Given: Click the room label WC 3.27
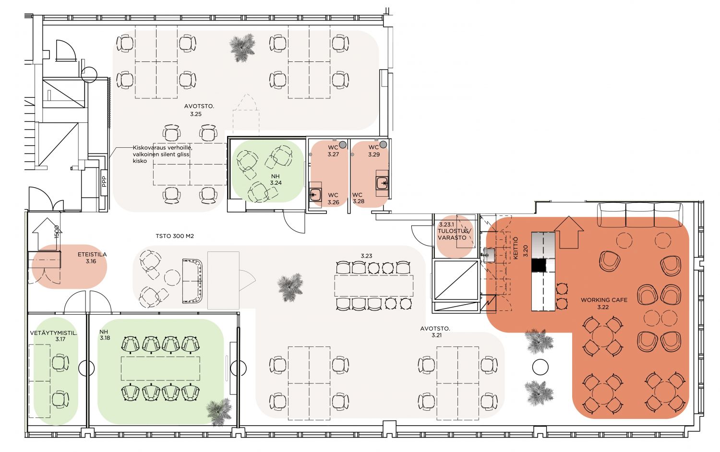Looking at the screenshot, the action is pyautogui.click(x=333, y=151).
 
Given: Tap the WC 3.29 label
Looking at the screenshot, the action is pyautogui.click(x=374, y=151).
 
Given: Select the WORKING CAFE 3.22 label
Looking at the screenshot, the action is pyautogui.click(x=604, y=303).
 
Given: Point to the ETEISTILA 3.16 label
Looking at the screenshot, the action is pyautogui.click(x=92, y=258).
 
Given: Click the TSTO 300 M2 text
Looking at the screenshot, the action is pyautogui.click(x=175, y=236).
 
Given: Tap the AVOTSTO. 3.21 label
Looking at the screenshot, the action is pyautogui.click(x=435, y=332).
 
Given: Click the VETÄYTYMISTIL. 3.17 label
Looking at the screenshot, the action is pyautogui.click(x=54, y=336).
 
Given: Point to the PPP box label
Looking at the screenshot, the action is pyautogui.click(x=104, y=181).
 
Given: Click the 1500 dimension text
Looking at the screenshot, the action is pyautogui.click(x=57, y=232).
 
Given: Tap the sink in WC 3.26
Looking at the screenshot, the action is pyautogui.click(x=315, y=194).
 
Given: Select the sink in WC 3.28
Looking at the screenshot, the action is pyautogui.click(x=383, y=183).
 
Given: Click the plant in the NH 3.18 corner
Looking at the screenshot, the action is pyautogui.click(x=219, y=412).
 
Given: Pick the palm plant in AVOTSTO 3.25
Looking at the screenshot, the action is pyautogui.click(x=243, y=48).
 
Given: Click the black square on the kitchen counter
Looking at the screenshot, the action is pyautogui.click(x=539, y=265).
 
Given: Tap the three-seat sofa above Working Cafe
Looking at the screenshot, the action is pyautogui.click(x=640, y=214).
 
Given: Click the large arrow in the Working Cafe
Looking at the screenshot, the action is pyautogui.click(x=569, y=232).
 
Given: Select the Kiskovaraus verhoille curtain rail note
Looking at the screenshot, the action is pyautogui.click(x=163, y=154).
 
